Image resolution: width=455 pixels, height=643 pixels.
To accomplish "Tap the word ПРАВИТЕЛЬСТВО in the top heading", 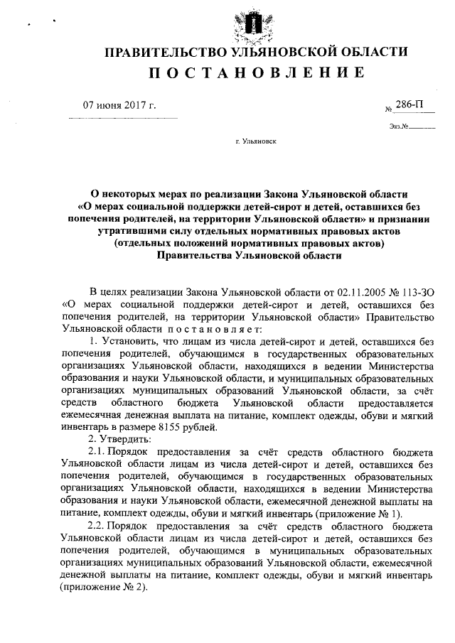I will click(159, 52).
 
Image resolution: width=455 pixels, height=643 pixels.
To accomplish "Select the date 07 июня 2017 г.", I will click(119, 106).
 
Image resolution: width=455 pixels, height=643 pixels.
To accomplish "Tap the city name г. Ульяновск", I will click(256, 141).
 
